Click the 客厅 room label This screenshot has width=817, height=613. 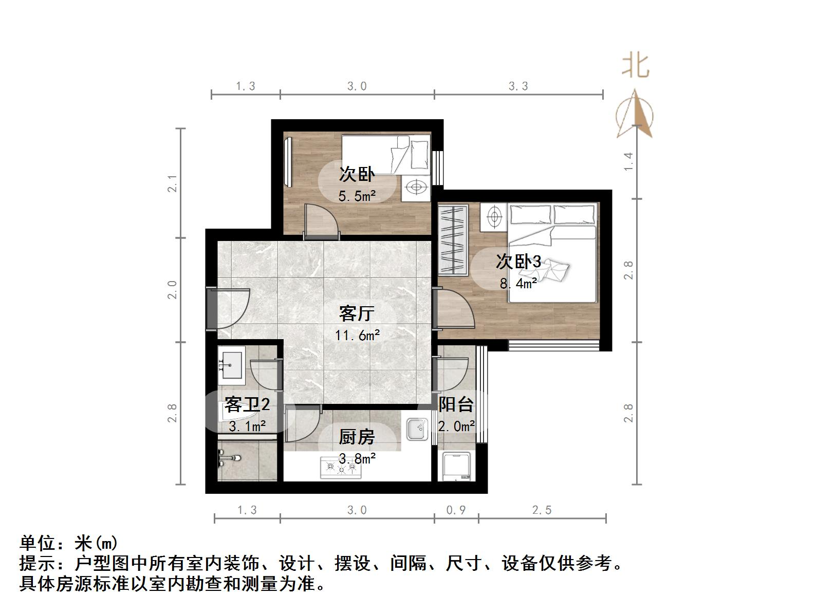pyautogui.click(x=356, y=313)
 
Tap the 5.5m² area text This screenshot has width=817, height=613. pyautogui.click(x=357, y=196)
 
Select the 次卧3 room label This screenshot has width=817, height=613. pyautogui.click(x=518, y=262)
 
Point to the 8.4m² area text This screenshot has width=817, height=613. pyautogui.click(x=518, y=283)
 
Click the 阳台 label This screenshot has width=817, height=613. pyautogui.click(x=456, y=404)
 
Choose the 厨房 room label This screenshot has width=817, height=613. pyautogui.click(x=357, y=437)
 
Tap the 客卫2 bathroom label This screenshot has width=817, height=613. pyautogui.click(x=247, y=405)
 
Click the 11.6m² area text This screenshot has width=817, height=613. pyautogui.click(x=357, y=336)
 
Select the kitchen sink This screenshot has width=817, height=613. pyautogui.click(x=417, y=429)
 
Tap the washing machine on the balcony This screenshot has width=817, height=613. pyautogui.click(x=456, y=466)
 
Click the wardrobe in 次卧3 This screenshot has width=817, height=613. pyautogui.click(x=453, y=239)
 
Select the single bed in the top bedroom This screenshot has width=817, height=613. pyautogui.click(x=385, y=154)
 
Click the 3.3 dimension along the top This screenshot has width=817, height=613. pyautogui.click(x=518, y=86)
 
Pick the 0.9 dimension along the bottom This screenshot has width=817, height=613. pyautogui.click(x=456, y=510)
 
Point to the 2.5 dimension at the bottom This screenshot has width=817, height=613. pyautogui.click(x=542, y=510)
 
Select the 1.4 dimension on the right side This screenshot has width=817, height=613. pyautogui.click(x=628, y=162)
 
